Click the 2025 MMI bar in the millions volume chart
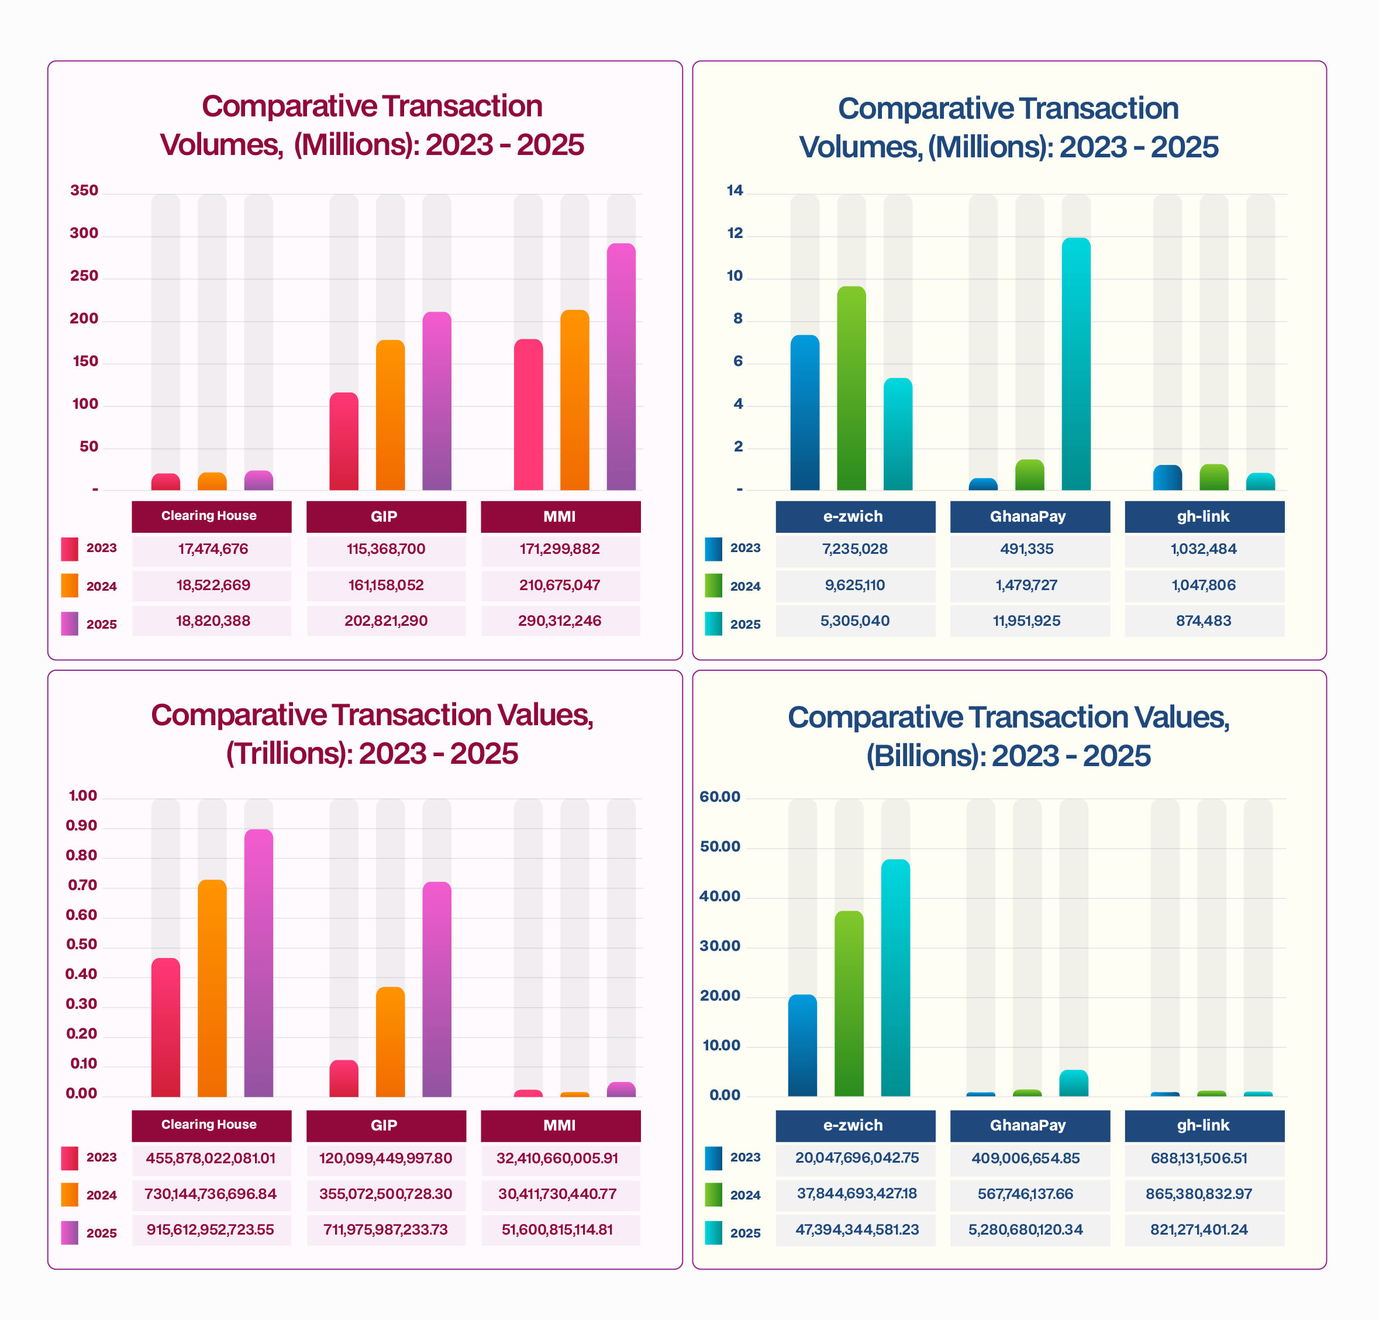click(x=620, y=366)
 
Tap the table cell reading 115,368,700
click(x=385, y=549)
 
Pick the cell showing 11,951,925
click(x=1026, y=621)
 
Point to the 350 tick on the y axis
click(x=84, y=191)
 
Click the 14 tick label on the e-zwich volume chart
click(x=735, y=191)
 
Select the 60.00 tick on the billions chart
click(x=719, y=797)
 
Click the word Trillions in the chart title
click(x=290, y=754)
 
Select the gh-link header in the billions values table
click(x=1203, y=1125)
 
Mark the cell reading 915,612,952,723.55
click(x=211, y=1229)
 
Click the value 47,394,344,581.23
click(x=856, y=1229)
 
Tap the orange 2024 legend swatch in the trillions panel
click(x=70, y=1195)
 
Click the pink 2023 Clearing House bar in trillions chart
click(x=166, y=1028)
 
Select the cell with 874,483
click(x=1203, y=621)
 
